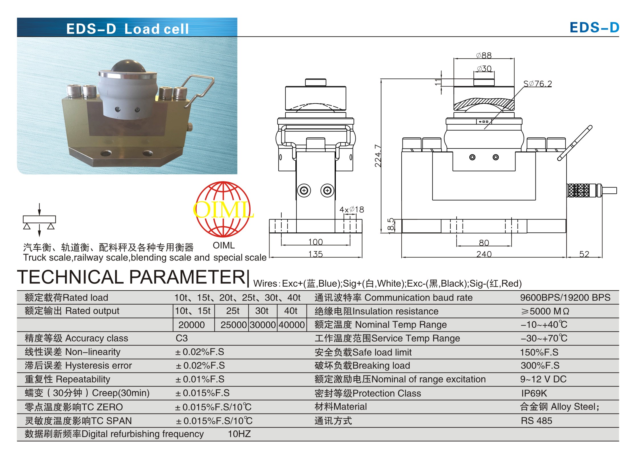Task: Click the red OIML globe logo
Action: (223, 209)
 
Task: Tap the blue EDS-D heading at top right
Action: (594, 28)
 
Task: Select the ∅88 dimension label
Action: (484, 55)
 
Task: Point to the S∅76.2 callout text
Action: (537, 84)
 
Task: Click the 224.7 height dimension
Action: (378, 156)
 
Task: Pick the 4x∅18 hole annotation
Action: (352, 210)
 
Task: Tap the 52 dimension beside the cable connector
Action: (584, 254)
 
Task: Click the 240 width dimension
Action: (484, 254)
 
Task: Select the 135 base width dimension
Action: (316, 254)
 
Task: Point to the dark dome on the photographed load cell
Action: (128, 66)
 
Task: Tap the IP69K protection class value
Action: (534, 393)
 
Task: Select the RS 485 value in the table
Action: (536, 421)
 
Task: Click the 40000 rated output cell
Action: (292, 325)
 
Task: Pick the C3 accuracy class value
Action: (182, 338)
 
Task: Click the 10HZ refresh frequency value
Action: (239, 434)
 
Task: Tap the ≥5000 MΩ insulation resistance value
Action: (545, 311)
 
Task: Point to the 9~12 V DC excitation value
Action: (543, 379)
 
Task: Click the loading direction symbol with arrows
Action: (39, 220)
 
